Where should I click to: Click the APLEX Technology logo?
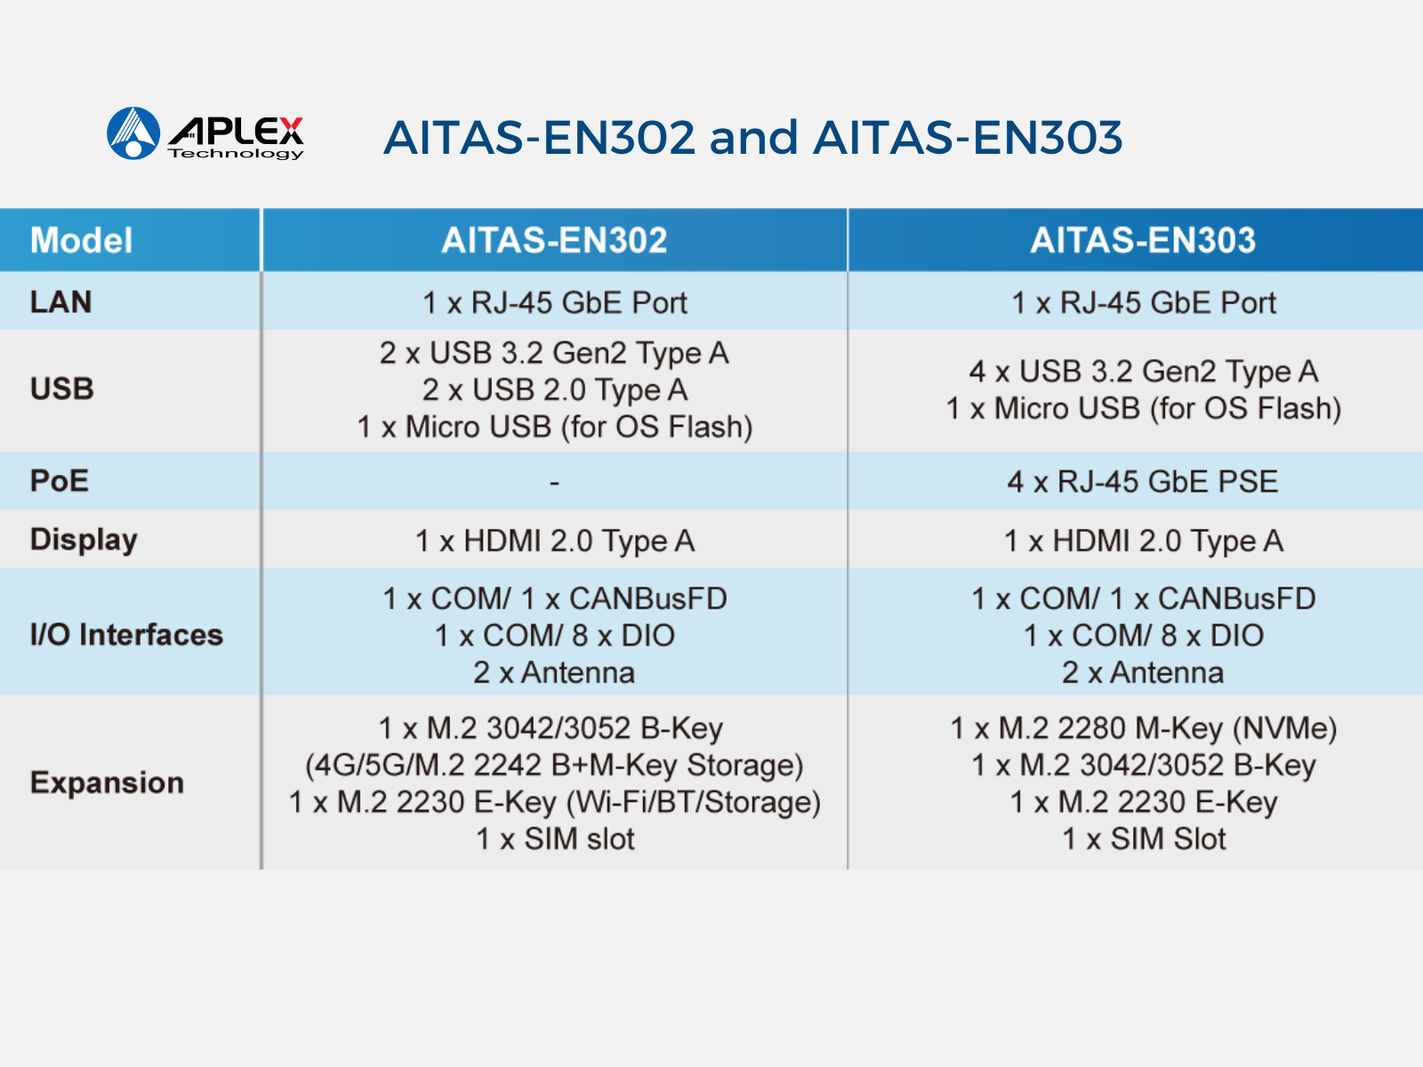click(205, 133)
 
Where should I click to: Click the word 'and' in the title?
click(752, 137)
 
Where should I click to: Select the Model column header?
click(81, 240)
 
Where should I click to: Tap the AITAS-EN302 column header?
click(554, 240)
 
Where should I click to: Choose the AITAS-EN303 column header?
click(1143, 240)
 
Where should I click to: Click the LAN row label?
click(61, 302)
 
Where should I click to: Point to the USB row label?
click(61, 389)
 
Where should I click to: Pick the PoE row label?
click(59, 481)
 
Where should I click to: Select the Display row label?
click(84, 541)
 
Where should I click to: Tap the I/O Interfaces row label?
click(126, 634)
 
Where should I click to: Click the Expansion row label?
click(107, 783)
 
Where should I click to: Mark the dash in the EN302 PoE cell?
click(554, 483)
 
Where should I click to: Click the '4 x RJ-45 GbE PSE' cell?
click(1143, 482)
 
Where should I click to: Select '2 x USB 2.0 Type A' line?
click(555, 390)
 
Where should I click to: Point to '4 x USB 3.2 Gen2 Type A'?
click(1144, 372)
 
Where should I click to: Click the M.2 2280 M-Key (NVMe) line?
click(1144, 729)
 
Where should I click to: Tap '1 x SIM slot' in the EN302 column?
click(555, 839)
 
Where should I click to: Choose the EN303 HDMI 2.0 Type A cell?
click(1144, 541)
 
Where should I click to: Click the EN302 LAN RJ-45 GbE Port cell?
click(555, 302)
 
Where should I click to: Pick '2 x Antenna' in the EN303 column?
click(1143, 672)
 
